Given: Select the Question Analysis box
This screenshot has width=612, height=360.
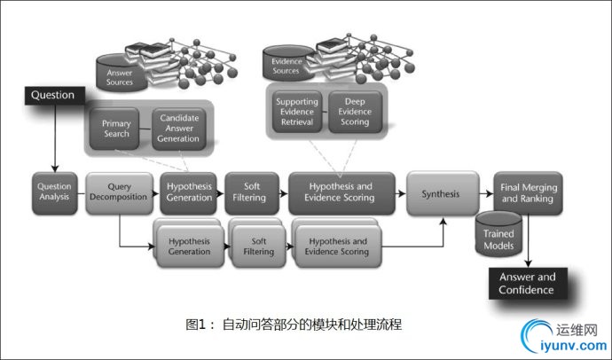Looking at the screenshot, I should (54, 192).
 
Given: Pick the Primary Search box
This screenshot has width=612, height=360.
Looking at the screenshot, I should (116, 127).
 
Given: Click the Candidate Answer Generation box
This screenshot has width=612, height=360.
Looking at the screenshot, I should (178, 127).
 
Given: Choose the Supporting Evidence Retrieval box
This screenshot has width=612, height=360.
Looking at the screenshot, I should (296, 111).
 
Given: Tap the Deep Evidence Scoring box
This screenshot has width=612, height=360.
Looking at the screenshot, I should (355, 111).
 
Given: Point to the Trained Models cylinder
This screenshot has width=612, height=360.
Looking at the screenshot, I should (497, 235).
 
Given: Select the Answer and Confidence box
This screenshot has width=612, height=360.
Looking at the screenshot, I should (526, 283).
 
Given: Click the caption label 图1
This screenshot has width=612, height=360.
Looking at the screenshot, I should (196, 324).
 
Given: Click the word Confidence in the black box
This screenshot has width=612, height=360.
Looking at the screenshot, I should (526, 290).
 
